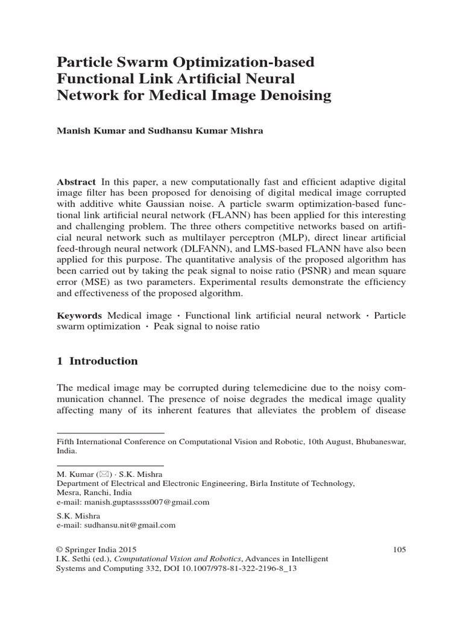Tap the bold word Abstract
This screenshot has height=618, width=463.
coord(76,182)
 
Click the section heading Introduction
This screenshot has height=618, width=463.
coord(104,362)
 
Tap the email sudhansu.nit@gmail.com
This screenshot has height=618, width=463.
coord(116,525)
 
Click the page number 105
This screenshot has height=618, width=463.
coord(399,549)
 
